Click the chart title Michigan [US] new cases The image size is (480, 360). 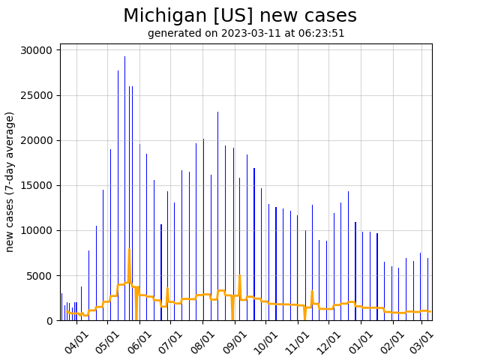point(240,16)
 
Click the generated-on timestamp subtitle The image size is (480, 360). point(246,33)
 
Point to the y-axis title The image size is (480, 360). point(10,181)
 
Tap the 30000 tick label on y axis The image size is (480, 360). point(36,50)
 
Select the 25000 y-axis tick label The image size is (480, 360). point(36,95)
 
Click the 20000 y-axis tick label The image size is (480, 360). point(36,140)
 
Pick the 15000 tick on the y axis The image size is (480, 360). point(36,185)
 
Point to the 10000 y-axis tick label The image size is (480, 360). point(36,230)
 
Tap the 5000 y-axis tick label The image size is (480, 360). point(39,275)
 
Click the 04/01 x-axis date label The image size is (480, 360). point(76,342)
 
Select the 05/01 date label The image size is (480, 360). point(108,342)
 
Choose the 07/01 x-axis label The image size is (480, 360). point(171,342)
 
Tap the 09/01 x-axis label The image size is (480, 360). point(235,342)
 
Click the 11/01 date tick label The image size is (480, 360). point(298,342)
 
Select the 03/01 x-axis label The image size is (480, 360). point(422,342)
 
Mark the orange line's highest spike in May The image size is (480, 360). point(129,250)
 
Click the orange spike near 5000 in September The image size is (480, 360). point(239,277)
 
